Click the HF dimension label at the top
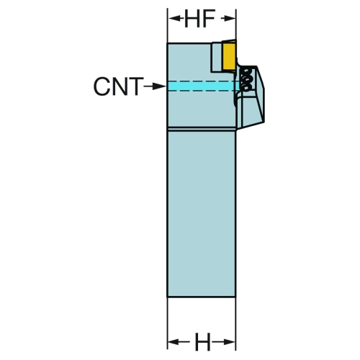pos(199,19)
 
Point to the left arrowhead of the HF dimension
pos(174,18)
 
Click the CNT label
pos(118,86)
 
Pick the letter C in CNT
pos(101,86)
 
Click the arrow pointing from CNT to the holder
pos(155,86)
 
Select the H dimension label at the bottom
pos(203,341)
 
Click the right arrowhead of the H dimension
pos(230,341)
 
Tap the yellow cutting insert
pos(229,55)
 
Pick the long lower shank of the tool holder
pos(202,214)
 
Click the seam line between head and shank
pos(202,129)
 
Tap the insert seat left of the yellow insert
pos(217,57)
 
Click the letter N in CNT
pos(119,86)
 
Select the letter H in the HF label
pos(192,19)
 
